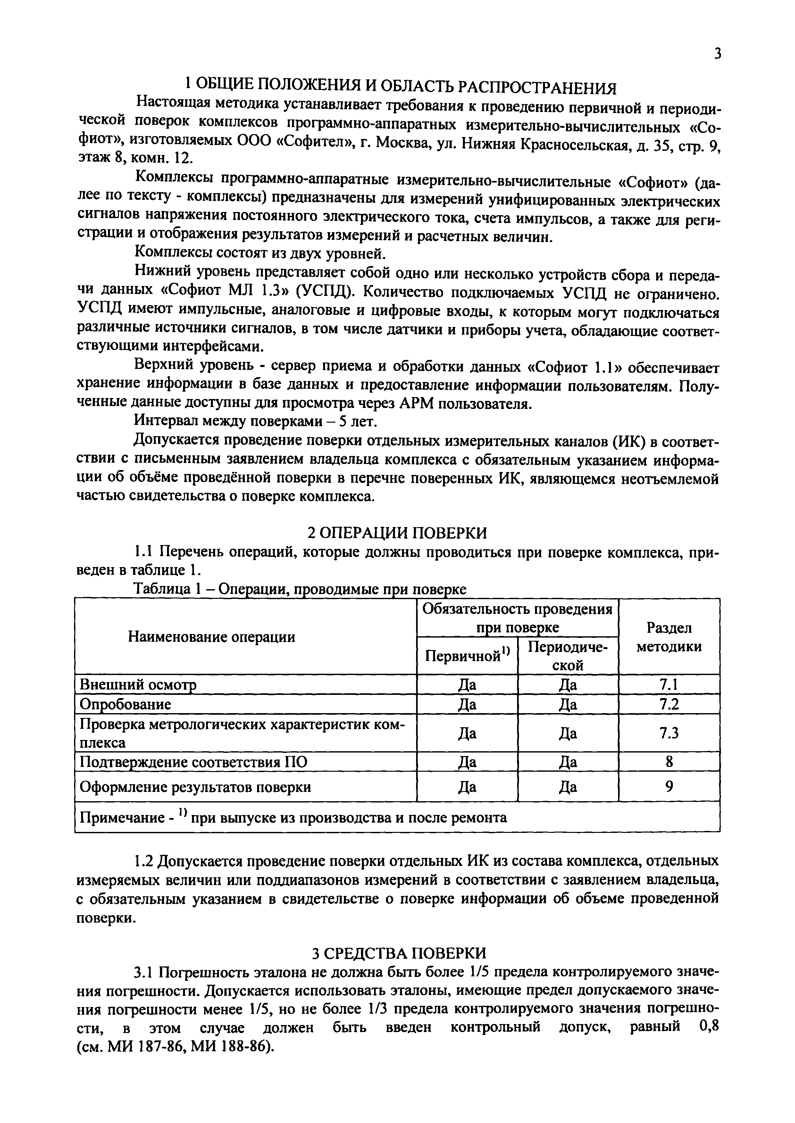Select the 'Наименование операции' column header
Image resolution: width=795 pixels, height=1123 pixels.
click(x=212, y=637)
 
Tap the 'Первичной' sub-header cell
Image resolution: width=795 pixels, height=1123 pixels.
click(x=467, y=656)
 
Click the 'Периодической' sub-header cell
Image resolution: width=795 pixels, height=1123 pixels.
click(x=568, y=656)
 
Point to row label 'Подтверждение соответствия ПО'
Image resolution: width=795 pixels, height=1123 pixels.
click(x=194, y=762)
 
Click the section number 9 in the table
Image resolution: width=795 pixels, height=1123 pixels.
click(x=669, y=786)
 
